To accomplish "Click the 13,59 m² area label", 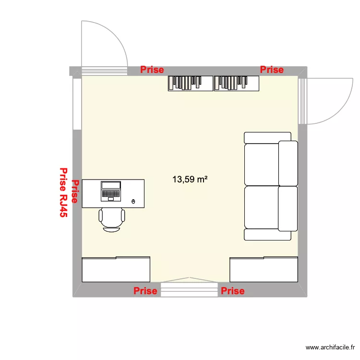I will click(x=190, y=180).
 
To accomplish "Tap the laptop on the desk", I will click(x=111, y=191).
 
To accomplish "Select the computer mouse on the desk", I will click(x=133, y=201).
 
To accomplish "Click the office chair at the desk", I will click(x=112, y=219).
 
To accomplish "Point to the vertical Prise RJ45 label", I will click(x=63, y=192).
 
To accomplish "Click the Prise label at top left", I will click(x=152, y=70).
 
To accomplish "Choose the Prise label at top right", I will click(x=272, y=70).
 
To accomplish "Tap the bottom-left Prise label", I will click(x=145, y=291).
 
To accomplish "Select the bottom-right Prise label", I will click(x=233, y=291).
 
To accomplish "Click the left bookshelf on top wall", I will click(x=190, y=83).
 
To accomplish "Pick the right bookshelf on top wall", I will click(x=236, y=83).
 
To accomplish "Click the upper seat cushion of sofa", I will click(x=262, y=164).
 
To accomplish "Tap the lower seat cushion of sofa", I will click(x=262, y=207).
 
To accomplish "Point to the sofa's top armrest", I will click(x=267, y=137).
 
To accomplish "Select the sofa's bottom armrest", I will click(x=267, y=234).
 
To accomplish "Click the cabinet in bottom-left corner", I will click(x=116, y=270).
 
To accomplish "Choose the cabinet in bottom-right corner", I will click(x=264, y=270).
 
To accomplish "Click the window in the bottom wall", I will click(x=189, y=289).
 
